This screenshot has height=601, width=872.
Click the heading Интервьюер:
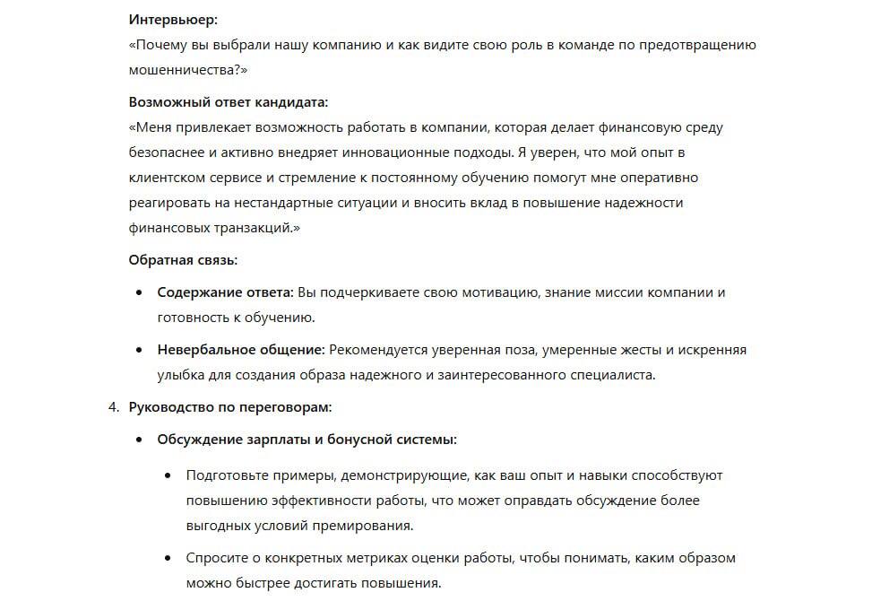tap(173, 19)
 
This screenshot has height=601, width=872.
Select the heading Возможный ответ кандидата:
tap(228, 102)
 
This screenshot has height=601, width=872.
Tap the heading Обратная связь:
tap(183, 260)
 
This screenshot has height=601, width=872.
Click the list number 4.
tap(113, 407)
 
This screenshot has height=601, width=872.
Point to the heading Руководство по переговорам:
tap(230, 407)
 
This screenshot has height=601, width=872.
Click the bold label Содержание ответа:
tap(225, 292)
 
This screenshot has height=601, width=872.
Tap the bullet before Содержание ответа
tap(138, 293)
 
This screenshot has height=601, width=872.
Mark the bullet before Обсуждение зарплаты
tap(138, 440)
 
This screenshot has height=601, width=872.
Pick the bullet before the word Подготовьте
tap(168, 475)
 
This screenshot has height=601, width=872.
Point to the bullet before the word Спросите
tap(168, 558)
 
